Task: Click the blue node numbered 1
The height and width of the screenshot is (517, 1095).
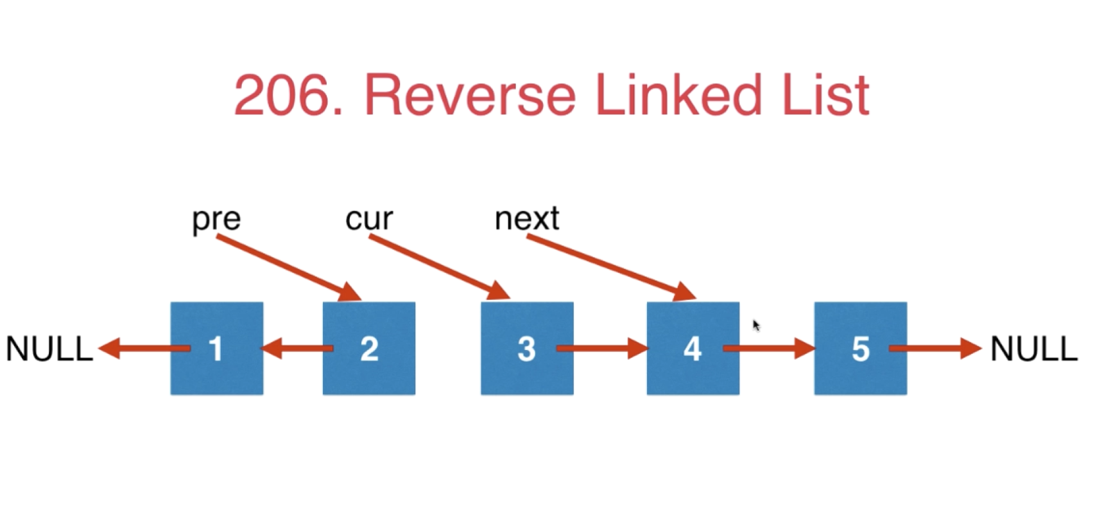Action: pyautogui.click(x=216, y=348)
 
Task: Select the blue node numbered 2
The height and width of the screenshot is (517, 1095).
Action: pyautogui.click(x=369, y=348)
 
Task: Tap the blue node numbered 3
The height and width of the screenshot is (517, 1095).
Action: pyautogui.click(x=527, y=348)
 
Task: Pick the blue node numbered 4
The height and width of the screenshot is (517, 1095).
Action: pyautogui.click(x=693, y=348)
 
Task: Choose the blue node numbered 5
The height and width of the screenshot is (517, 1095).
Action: pyautogui.click(x=860, y=348)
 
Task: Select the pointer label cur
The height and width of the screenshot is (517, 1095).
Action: pyautogui.click(x=369, y=220)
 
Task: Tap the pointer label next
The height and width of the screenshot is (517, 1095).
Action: pyautogui.click(x=527, y=218)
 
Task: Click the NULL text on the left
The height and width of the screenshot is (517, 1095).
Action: pyautogui.click(x=49, y=349)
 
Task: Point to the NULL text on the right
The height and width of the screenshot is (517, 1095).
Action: pyautogui.click(x=1034, y=349)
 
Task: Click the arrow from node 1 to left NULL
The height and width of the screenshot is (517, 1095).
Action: pyautogui.click(x=144, y=348)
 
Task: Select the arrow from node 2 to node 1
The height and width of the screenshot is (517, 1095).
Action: pyautogui.click(x=297, y=348)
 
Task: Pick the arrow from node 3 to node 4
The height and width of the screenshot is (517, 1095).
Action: pyautogui.click(x=603, y=348)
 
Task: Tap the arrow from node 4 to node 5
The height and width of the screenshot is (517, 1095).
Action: pyautogui.click(x=770, y=348)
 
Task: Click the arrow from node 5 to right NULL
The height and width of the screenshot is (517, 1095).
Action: pyautogui.click(x=936, y=348)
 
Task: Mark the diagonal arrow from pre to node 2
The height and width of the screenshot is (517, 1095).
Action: pyautogui.click(x=288, y=268)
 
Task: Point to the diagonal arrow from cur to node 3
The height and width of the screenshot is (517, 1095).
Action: pyautogui.click(x=440, y=267)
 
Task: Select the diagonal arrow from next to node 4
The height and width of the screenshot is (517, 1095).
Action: pyautogui.click(x=611, y=268)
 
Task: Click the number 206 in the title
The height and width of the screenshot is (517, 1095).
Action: pyautogui.click(x=289, y=96)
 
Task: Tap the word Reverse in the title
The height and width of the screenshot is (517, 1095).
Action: pyautogui.click(x=470, y=96)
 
